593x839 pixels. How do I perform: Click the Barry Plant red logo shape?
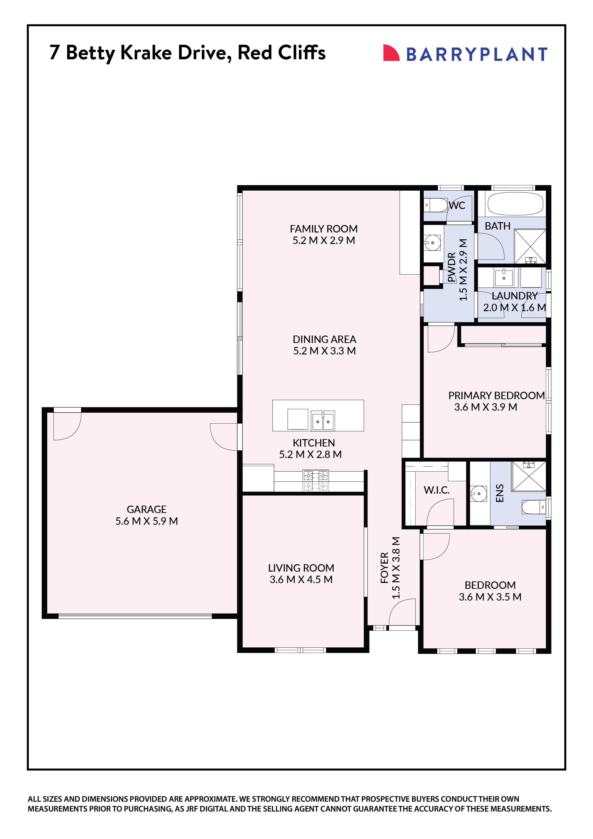tap(390, 53)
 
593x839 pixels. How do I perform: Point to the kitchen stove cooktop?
tap(316, 480)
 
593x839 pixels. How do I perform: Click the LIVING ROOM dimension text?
tap(301, 580)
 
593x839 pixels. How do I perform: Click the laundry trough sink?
tap(504, 277)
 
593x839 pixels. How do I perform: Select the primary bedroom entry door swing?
tap(440, 339)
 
